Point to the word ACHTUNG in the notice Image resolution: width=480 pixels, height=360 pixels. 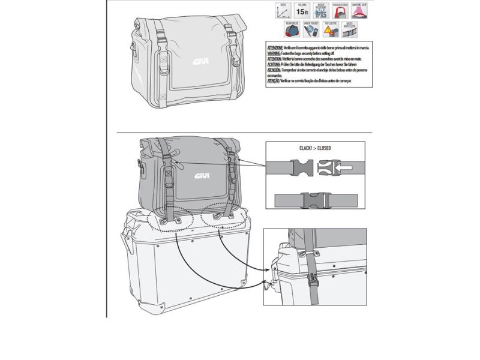coord(275,65)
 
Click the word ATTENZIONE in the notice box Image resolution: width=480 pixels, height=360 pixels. coord(278,47)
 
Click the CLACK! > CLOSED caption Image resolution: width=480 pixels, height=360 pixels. coord(316,148)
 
